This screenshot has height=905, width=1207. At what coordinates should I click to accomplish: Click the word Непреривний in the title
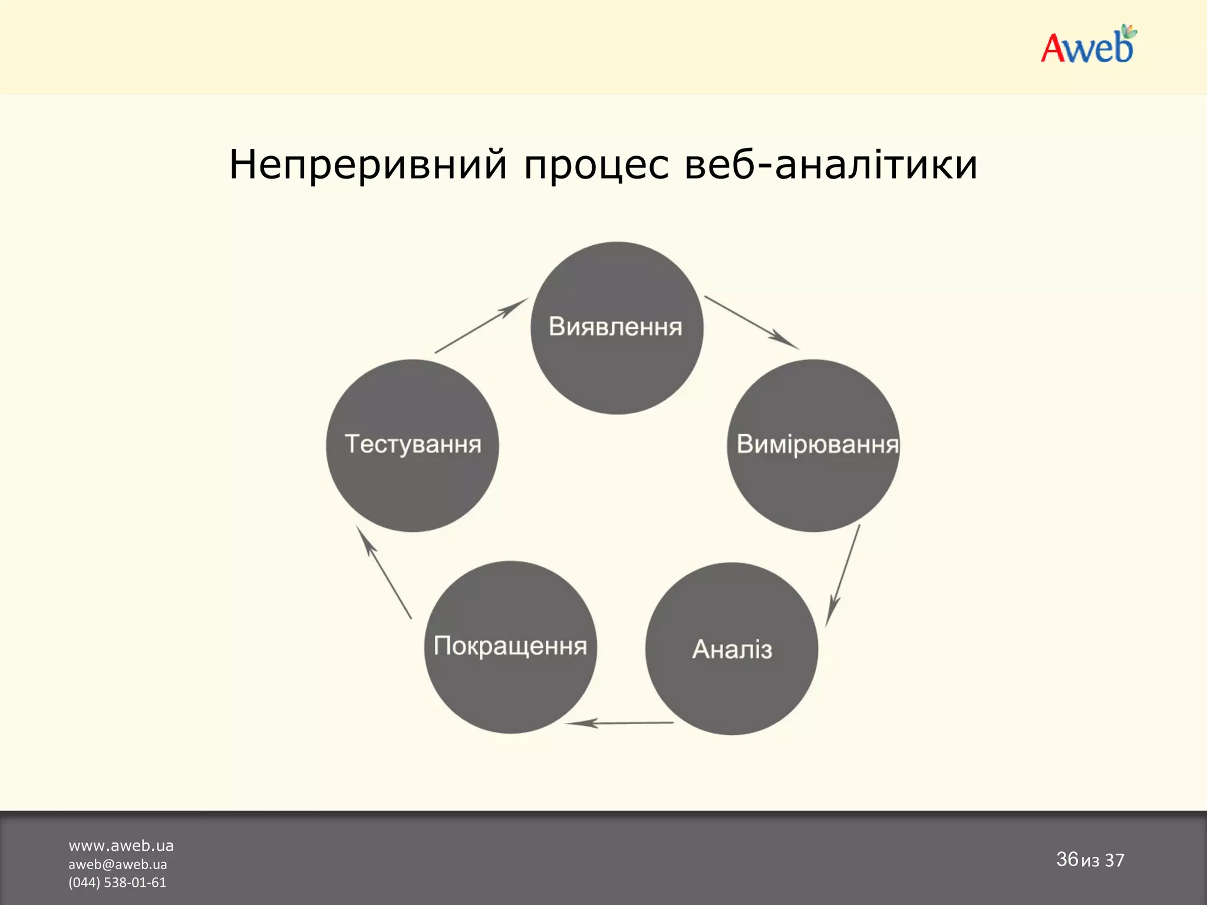pos(368,164)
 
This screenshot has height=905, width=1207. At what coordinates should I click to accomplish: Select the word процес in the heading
pos(596,164)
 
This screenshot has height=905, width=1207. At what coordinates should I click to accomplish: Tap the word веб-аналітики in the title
pos(831,164)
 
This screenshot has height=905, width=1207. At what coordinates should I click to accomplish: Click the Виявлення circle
pos(616,328)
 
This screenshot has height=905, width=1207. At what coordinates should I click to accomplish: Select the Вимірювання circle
pos(813,445)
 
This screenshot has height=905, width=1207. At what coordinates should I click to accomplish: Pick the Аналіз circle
pos(731,649)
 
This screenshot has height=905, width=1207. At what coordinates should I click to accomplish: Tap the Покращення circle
pos(510,647)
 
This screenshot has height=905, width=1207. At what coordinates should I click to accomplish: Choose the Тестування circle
pos(413,445)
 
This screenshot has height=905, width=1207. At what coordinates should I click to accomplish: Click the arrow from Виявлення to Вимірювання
pos(752,323)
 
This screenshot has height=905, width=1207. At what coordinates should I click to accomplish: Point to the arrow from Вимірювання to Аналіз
pos(843,576)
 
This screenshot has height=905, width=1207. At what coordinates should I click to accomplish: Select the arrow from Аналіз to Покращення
pos(619,723)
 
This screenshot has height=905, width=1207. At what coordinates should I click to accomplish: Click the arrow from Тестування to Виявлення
pos(481,326)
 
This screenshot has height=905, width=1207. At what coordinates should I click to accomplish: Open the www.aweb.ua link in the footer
pos(121,845)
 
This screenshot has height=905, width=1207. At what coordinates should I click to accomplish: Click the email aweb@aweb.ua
pos(118,864)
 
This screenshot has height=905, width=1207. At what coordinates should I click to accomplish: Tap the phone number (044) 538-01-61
pos(117,882)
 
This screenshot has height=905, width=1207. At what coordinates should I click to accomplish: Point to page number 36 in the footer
pos(1067,859)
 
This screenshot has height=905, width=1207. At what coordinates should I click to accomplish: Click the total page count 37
pos(1114,860)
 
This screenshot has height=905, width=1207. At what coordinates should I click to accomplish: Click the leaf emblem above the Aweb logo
pos(1128,32)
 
